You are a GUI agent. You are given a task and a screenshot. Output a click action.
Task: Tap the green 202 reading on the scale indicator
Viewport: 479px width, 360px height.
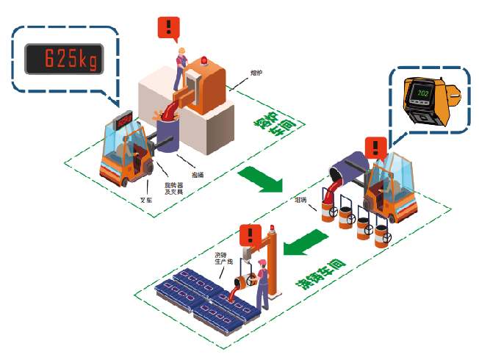pyautogui.click(x=422, y=94)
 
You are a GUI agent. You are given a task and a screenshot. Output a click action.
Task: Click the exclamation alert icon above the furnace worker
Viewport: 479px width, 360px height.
pyautogui.click(x=169, y=29)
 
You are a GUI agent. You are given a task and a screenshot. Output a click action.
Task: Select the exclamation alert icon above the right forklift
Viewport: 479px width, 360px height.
pyautogui.click(x=375, y=147)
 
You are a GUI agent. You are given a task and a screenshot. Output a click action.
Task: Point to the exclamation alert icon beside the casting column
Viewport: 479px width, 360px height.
pyautogui.click(x=251, y=236)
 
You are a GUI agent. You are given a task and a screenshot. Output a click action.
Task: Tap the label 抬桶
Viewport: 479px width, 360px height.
pyautogui.click(x=198, y=174)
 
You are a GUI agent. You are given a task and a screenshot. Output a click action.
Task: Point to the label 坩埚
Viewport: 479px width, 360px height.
pyautogui.click(x=300, y=199)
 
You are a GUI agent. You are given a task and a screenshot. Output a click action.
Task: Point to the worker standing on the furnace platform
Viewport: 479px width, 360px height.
pyautogui.click(x=179, y=66)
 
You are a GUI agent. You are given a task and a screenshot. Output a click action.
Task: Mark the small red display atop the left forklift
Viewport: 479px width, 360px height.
pyautogui.click(x=122, y=118)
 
